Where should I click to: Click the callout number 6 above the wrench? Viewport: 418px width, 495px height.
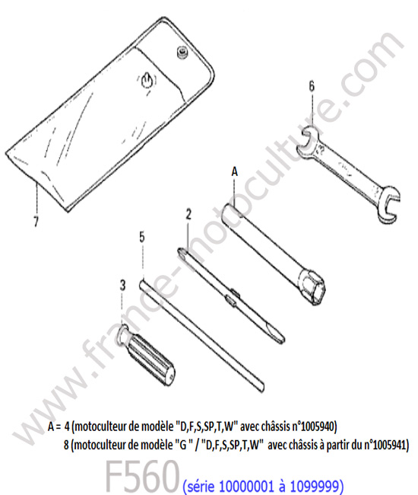pyautogui.click(x=311, y=86)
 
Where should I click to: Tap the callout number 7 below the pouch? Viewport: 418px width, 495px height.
pyautogui.click(x=36, y=221)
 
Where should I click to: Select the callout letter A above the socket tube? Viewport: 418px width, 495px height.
pyautogui.click(x=234, y=172)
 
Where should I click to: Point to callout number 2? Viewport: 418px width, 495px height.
pyautogui.click(x=188, y=214)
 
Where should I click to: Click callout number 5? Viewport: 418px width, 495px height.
pyautogui.click(x=142, y=237)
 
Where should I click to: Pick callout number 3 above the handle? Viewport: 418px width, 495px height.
pyautogui.click(x=122, y=286)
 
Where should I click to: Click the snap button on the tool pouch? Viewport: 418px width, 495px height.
pyautogui.click(x=182, y=53)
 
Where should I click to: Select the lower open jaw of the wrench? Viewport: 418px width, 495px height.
pyautogui.click(x=388, y=205)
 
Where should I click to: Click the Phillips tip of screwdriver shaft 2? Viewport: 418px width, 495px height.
pyautogui.click(x=181, y=253)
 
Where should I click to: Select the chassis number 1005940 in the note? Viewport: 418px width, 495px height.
pyautogui.click(x=318, y=426)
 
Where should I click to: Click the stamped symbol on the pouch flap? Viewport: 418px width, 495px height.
pyautogui.click(x=147, y=81)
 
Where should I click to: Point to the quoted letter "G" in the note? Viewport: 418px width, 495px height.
pyautogui.click(x=183, y=445)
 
